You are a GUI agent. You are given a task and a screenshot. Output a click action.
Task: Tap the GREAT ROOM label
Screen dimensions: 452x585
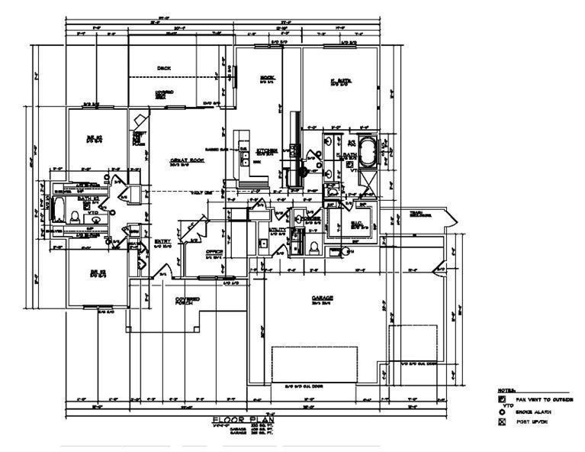click(x=186, y=160)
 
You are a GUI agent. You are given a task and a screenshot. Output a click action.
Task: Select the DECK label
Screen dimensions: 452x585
click(x=164, y=68)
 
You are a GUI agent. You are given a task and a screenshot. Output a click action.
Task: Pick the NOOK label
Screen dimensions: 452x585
click(x=267, y=78)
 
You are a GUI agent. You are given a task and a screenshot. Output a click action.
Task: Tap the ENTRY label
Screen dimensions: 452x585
click(x=162, y=242)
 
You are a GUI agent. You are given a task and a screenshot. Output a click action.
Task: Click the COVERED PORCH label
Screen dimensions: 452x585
click(x=188, y=300)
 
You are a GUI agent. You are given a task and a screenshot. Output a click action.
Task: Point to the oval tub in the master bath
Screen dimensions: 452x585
click(x=368, y=153)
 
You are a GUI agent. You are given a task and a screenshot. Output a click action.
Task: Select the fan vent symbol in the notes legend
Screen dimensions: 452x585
click(x=502, y=399)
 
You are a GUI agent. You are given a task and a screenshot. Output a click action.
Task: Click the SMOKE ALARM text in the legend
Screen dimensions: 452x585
click(x=533, y=411)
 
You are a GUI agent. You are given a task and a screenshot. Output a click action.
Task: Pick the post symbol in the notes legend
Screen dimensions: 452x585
click(x=502, y=422)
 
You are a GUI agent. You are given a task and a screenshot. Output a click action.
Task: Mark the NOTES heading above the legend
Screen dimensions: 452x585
click(x=506, y=389)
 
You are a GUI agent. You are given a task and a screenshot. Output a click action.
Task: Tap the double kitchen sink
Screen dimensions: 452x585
click(x=245, y=158)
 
